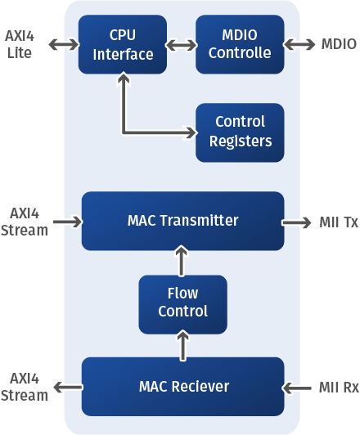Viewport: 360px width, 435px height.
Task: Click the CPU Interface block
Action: click(x=123, y=44)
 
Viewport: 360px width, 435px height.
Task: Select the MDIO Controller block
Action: click(x=240, y=44)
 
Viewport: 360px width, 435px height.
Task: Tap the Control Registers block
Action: click(x=240, y=132)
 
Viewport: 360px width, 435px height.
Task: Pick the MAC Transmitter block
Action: click(x=183, y=221)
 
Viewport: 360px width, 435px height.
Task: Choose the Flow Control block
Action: click(x=183, y=305)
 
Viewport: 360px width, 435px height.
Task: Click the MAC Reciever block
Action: click(x=183, y=387)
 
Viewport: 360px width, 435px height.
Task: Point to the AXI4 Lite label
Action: click(x=20, y=44)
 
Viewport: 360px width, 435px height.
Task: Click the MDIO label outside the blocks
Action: click(x=339, y=44)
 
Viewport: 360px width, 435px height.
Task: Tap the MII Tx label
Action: click(x=339, y=222)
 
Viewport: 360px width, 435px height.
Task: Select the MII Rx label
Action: click(x=339, y=388)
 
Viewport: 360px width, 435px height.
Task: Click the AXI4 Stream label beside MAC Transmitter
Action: click(x=25, y=222)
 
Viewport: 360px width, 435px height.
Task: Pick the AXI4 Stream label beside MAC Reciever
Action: click(x=25, y=387)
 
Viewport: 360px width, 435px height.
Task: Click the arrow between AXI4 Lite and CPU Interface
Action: click(x=64, y=44)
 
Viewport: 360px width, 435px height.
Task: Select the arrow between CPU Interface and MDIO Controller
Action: click(x=182, y=45)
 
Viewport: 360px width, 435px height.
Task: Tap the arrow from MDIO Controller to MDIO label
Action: click(x=299, y=44)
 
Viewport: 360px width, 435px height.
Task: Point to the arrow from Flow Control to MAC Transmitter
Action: click(x=182, y=261)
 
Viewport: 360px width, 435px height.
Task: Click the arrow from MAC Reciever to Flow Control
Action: click(x=182, y=345)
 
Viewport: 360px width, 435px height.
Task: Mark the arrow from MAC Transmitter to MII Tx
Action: click(x=296, y=222)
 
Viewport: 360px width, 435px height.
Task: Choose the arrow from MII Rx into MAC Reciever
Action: click(x=296, y=388)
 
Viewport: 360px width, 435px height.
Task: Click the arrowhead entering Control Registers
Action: click(x=191, y=132)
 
